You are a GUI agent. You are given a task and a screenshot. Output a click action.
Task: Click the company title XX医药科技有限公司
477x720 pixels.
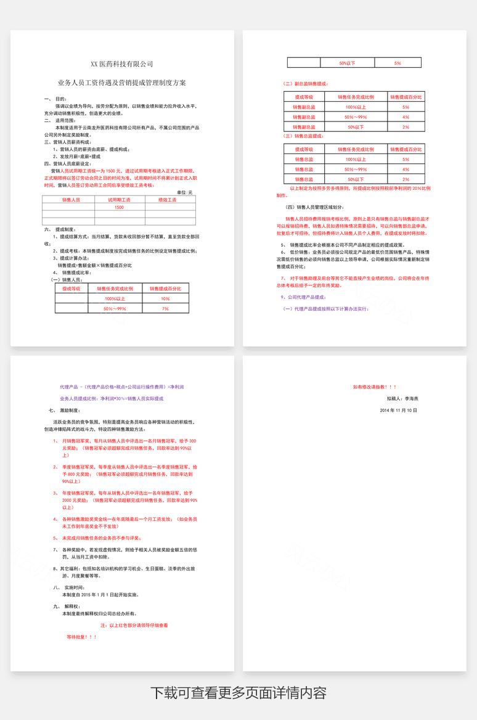[122, 64]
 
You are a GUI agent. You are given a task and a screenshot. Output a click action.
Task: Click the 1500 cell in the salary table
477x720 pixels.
[119, 208]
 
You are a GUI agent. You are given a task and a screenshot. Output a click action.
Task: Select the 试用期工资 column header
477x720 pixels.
[119, 200]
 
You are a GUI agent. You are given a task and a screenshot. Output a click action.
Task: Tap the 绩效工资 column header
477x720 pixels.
[167, 200]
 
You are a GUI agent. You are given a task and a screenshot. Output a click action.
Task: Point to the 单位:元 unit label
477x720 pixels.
[185, 192]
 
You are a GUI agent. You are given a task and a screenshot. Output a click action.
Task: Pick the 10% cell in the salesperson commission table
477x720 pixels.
[165, 298]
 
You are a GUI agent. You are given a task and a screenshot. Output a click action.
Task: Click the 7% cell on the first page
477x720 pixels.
[165, 308]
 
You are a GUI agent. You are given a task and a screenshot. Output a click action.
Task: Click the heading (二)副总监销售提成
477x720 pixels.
[306, 84]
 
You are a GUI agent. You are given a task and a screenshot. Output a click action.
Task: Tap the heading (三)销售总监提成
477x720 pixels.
[303, 136]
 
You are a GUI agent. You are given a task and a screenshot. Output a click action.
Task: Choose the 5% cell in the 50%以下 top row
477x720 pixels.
[397, 63]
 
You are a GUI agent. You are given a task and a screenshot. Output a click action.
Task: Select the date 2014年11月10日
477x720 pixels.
[398, 410]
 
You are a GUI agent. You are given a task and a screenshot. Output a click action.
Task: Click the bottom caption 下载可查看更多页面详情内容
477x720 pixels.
[238, 693]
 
